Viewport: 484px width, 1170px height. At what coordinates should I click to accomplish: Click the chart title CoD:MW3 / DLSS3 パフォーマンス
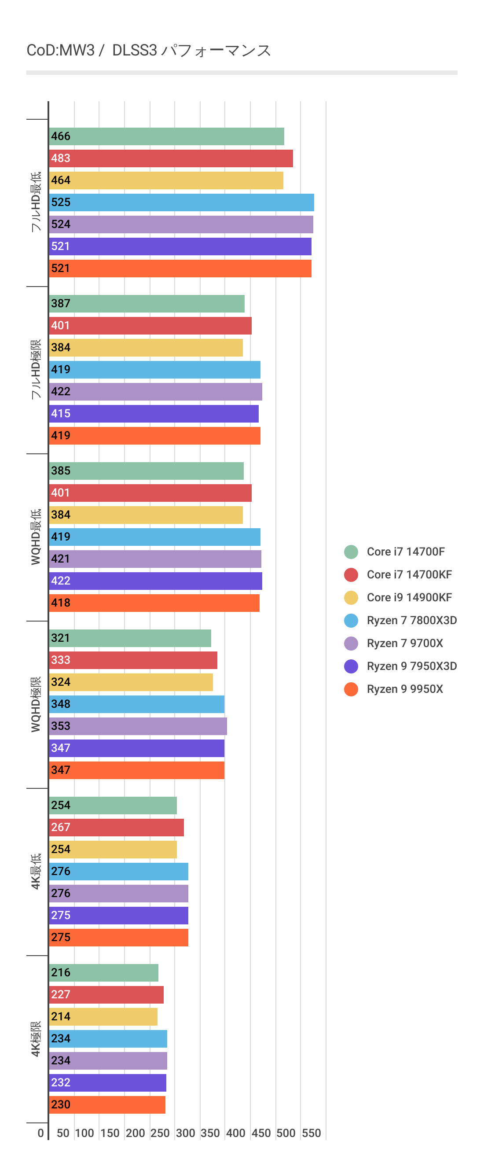pyautogui.click(x=148, y=50)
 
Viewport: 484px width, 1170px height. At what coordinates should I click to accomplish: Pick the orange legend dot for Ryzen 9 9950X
pyautogui.click(x=351, y=689)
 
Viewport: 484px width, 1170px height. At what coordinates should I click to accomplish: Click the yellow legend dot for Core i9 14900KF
pyautogui.click(x=351, y=598)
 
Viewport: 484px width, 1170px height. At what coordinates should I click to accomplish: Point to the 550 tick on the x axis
pyautogui.click(x=312, y=1133)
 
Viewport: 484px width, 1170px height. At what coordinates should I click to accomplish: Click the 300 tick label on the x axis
pyautogui.click(x=185, y=1133)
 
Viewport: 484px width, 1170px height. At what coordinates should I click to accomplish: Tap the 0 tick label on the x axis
pyautogui.click(x=41, y=1133)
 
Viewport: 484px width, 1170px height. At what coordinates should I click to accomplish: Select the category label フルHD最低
pyautogui.click(x=35, y=202)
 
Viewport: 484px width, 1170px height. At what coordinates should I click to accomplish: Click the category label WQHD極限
pyautogui.click(x=35, y=704)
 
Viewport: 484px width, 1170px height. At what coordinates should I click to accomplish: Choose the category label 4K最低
pyautogui.click(x=35, y=871)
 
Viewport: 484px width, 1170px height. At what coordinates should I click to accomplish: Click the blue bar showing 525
pyautogui.click(x=182, y=202)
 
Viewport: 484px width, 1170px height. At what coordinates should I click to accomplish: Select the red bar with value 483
pyautogui.click(x=171, y=158)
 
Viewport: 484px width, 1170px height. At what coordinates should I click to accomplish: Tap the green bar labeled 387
pyautogui.click(x=147, y=304)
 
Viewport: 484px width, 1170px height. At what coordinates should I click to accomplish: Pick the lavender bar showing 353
pyautogui.click(x=138, y=726)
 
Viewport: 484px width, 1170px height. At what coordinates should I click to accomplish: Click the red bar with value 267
pyautogui.click(x=117, y=828)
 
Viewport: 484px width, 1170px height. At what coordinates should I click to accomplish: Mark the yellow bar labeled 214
pyautogui.click(x=103, y=1017)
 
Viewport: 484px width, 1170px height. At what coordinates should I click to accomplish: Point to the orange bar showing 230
pyautogui.click(x=107, y=1105)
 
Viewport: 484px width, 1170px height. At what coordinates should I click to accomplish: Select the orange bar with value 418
pyautogui.click(x=154, y=603)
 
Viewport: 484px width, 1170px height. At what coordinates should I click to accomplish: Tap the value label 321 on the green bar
pyautogui.click(x=60, y=638)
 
